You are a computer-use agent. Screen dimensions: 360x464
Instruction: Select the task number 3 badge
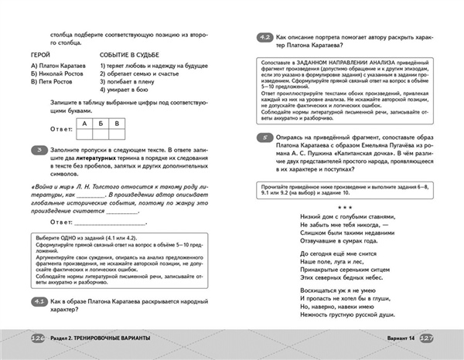click(x=36, y=149)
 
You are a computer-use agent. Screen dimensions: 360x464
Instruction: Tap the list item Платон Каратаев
click(x=61, y=66)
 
